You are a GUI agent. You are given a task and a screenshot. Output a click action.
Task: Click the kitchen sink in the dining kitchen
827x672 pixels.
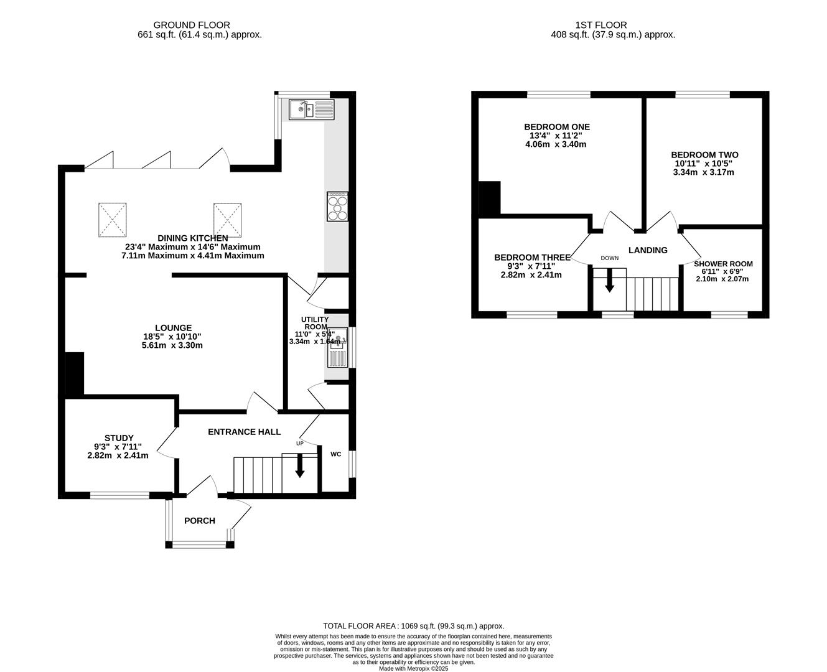pyautogui.click(x=311, y=109)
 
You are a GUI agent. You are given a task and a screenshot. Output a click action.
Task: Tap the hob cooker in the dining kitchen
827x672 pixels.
pyautogui.click(x=337, y=206)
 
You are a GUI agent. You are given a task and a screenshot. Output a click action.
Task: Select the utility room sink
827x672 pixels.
pyautogui.click(x=337, y=347)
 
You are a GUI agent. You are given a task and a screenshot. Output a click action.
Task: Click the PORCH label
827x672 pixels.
pyautogui.click(x=199, y=521)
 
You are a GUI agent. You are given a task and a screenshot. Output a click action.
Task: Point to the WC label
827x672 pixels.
pyautogui.click(x=335, y=454)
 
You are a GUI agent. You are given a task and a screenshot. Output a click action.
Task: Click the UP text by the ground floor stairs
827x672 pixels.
pyautogui.click(x=300, y=443)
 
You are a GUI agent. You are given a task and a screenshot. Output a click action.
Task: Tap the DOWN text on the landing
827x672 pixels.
pyautogui.click(x=609, y=258)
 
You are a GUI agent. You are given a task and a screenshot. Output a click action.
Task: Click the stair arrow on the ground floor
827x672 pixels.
pyautogui.click(x=299, y=466)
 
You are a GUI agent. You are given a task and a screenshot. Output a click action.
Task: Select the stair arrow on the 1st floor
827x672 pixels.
pyautogui.click(x=609, y=280)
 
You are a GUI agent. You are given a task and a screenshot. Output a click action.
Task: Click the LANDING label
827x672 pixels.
pyautogui.click(x=648, y=250)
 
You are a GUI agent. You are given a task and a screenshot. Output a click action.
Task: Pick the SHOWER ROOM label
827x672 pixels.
pyautogui.click(x=723, y=264)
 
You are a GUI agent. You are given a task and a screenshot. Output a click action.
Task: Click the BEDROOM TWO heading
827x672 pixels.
pyautogui.click(x=704, y=154)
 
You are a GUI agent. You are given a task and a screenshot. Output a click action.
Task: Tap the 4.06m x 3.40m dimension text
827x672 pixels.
pyautogui.click(x=556, y=144)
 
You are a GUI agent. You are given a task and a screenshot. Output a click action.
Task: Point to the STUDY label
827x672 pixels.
pyautogui.click(x=119, y=437)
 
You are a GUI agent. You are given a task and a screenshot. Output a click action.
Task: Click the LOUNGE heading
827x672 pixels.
pyautogui.click(x=173, y=328)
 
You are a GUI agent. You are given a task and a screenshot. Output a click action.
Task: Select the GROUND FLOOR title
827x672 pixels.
pyautogui.click(x=192, y=25)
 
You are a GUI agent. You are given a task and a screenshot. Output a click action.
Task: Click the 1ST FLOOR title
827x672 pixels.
pyautogui.click(x=600, y=25)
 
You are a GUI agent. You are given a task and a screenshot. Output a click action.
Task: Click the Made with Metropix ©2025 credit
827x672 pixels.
pyautogui.click(x=413, y=668)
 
